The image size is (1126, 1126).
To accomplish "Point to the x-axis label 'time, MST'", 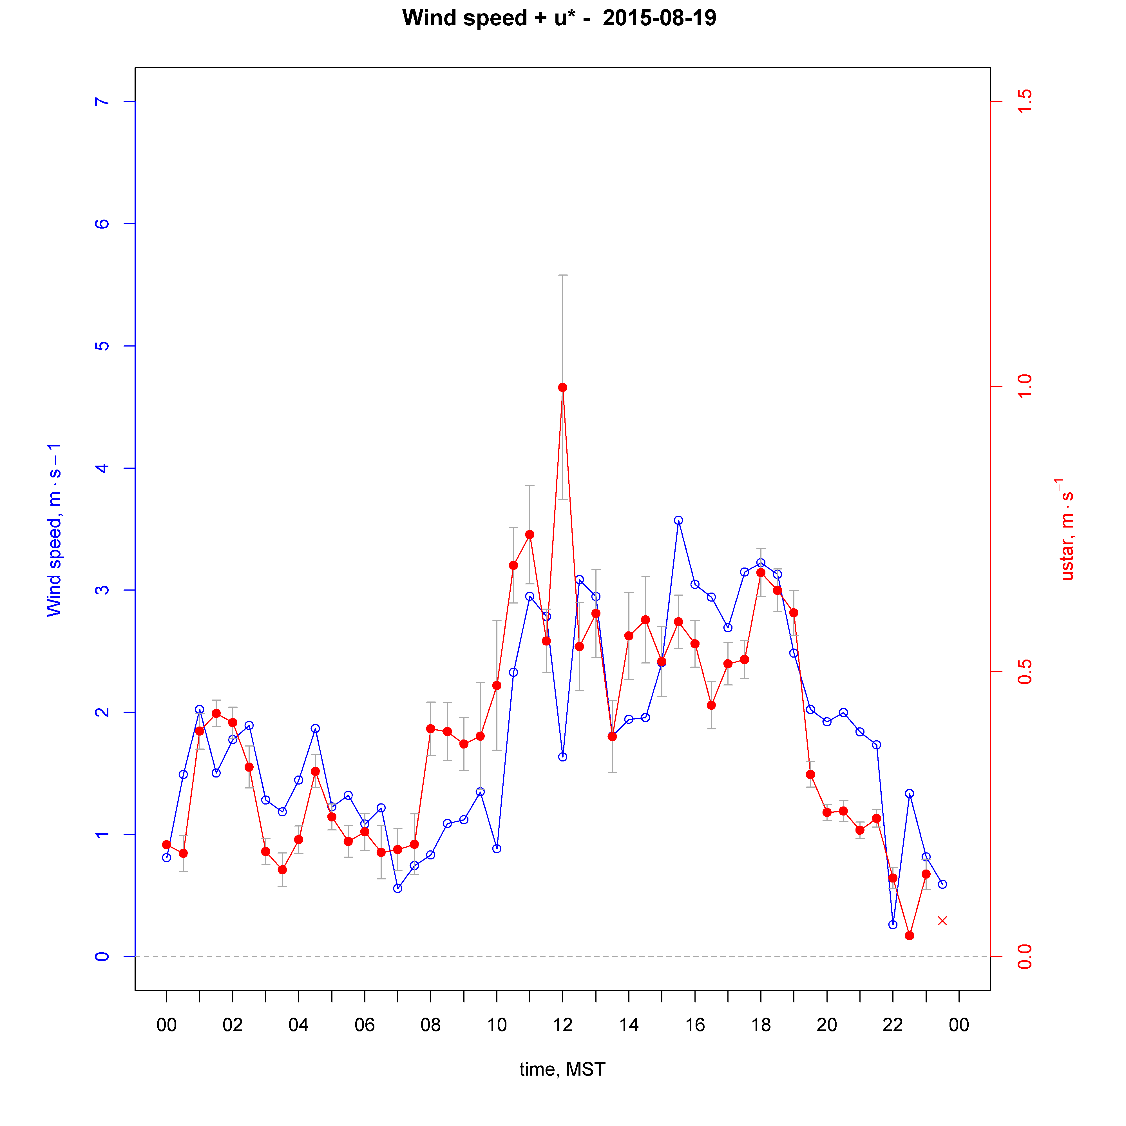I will pyautogui.click(x=562, y=1069).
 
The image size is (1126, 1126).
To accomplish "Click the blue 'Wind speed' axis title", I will pyautogui.click(x=54, y=530).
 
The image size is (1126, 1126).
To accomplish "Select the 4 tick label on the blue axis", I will pyautogui.click(x=102, y=468).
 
